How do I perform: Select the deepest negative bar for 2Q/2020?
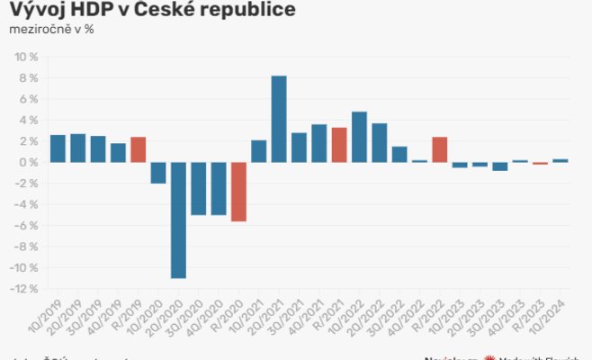[x=178, y=220]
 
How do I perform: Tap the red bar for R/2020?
[x=238, y=191]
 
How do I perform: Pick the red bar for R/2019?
[x=138, y=149]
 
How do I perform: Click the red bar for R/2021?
[x=339, y=145]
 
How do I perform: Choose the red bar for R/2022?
[x=440, y=149]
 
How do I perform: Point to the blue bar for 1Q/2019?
[x=58, y=148]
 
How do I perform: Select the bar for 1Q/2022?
[x=359, y=137]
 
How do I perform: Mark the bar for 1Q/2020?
[x=158, y=172]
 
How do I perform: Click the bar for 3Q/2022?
[x=399, y=154]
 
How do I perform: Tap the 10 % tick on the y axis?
[x=24, y=57]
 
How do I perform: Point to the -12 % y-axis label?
[x=22, y=289]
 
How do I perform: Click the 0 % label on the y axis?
[x=27, y=162]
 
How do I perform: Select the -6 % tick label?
[x=25, y=226]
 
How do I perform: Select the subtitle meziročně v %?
[x=51, y=29]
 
